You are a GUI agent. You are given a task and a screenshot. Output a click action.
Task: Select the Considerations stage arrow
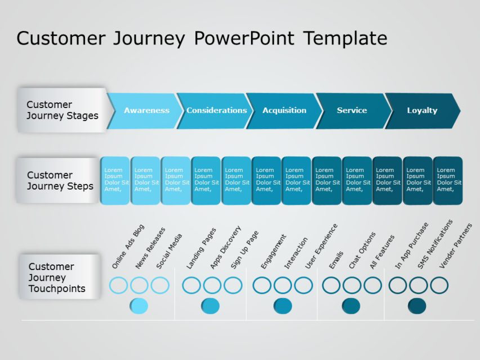coord(216,111)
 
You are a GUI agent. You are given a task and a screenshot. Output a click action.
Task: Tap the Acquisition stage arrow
coord(284,111)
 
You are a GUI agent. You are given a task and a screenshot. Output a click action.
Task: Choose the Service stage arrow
coord(352,111)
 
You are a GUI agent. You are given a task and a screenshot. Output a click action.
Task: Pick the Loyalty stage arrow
coord(422,111)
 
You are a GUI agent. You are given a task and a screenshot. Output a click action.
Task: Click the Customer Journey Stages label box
coord(62,110)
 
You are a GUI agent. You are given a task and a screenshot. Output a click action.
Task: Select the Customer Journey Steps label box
coord(59,181)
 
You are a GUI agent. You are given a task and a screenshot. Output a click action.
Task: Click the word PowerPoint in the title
coord(244,38)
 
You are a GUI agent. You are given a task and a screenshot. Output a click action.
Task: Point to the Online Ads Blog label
coord(128,246)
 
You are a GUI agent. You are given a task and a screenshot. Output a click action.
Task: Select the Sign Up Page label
coord(245,250)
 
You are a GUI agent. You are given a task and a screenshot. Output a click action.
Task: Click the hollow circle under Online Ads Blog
coord(118,285)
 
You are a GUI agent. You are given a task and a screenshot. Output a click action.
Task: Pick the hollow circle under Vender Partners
coord(439,285)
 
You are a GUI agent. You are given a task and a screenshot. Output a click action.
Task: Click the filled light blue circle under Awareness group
coord(139,306)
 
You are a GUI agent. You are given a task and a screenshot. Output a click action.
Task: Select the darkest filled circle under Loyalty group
coord(417,306)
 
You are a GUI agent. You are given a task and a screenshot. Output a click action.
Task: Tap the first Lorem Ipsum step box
coord(115,181)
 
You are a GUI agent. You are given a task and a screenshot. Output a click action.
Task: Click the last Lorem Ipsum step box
coord(447,181)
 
